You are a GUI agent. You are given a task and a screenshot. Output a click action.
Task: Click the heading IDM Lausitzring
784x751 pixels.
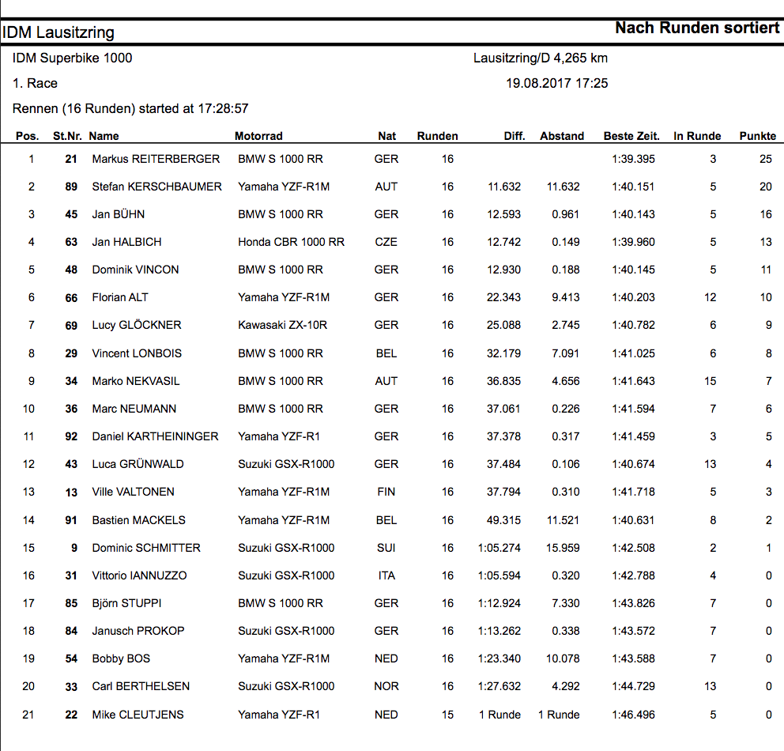coord(58,32)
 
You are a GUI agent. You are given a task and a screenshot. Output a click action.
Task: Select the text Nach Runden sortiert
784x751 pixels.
coord(697,28)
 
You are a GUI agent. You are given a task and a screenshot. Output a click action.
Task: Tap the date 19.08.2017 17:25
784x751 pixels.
coord(556,83)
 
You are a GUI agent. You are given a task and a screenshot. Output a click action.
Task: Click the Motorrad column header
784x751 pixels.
coord(258,136)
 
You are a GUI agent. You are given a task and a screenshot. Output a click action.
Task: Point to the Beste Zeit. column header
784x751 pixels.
coord(631,136)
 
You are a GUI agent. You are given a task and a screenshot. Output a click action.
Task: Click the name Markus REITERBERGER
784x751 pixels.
coord(156,159)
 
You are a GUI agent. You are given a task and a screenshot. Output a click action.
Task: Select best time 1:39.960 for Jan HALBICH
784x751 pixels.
coord(633,242)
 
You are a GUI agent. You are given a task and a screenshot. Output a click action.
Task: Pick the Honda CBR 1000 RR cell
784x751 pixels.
coord(291,242)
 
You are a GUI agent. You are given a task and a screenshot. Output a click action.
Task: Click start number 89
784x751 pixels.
coord(71,187)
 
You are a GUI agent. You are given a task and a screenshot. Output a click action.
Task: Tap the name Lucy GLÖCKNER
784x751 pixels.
coord(136,325)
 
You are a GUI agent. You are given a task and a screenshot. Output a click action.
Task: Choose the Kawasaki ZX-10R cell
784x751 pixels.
coord(282,325)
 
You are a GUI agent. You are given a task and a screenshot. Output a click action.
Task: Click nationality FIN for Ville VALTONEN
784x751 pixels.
coord(386,492)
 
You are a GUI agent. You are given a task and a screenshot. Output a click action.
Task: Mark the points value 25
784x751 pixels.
coord(765,159)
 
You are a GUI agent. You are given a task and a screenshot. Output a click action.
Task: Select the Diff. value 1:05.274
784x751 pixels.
coord(499,548)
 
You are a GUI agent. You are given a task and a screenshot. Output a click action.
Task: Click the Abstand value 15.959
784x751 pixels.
coord(562,548)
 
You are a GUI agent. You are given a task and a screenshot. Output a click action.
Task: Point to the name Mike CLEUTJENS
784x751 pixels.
coord(138,715)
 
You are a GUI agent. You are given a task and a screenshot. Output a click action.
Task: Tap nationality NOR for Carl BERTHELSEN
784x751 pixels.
coord(386,686)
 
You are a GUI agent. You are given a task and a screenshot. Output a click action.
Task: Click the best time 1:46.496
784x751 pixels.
coord(633,715)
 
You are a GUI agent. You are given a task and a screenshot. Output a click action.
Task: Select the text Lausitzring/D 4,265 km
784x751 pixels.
coord(541,58)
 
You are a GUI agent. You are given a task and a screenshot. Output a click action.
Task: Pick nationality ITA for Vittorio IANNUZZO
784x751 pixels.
coord(386,576)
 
